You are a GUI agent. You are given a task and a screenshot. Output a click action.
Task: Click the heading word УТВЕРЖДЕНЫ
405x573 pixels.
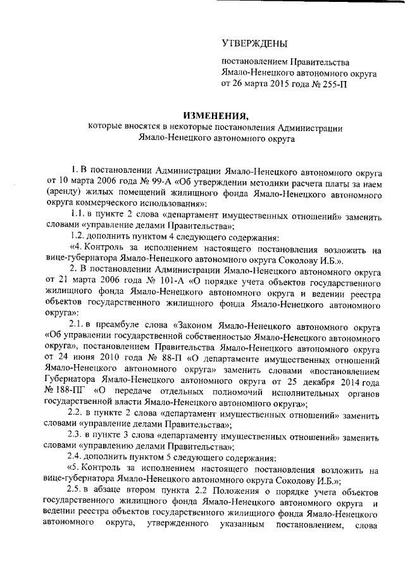[254, 43]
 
